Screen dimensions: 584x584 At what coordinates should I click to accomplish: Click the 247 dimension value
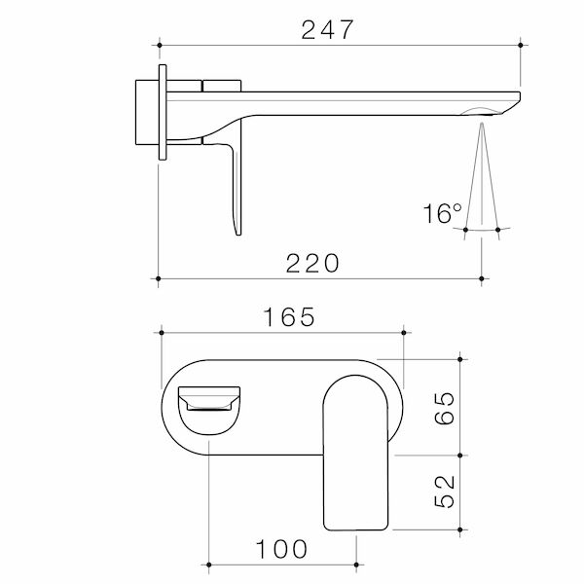[327, 30]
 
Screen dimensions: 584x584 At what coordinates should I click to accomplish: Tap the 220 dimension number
[312, 264]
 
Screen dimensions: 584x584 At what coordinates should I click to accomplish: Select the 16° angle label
[442, 213]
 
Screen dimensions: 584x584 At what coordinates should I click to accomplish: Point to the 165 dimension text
[289, 317]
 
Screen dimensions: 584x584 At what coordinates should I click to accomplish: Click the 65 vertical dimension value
[445, 408]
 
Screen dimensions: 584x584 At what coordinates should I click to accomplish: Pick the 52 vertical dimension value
[445, 492]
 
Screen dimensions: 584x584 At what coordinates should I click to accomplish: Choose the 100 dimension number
[281, 549]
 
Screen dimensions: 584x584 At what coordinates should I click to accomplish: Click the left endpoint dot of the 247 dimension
[160, 45]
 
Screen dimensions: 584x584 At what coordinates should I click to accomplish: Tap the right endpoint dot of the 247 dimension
[521, 45]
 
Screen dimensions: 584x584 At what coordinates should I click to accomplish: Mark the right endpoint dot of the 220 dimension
[482, 278]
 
